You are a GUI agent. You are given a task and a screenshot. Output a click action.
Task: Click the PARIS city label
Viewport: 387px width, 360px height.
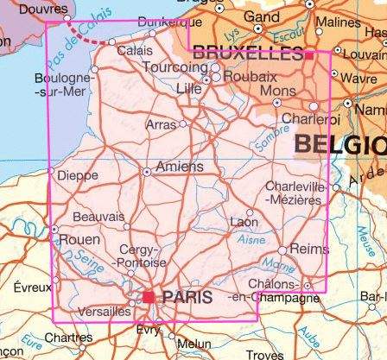click(187, 296)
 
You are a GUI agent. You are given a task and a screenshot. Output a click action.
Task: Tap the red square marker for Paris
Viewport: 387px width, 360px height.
click(149, 297)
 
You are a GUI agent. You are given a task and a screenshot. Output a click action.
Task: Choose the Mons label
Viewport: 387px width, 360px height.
click(277, 91)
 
